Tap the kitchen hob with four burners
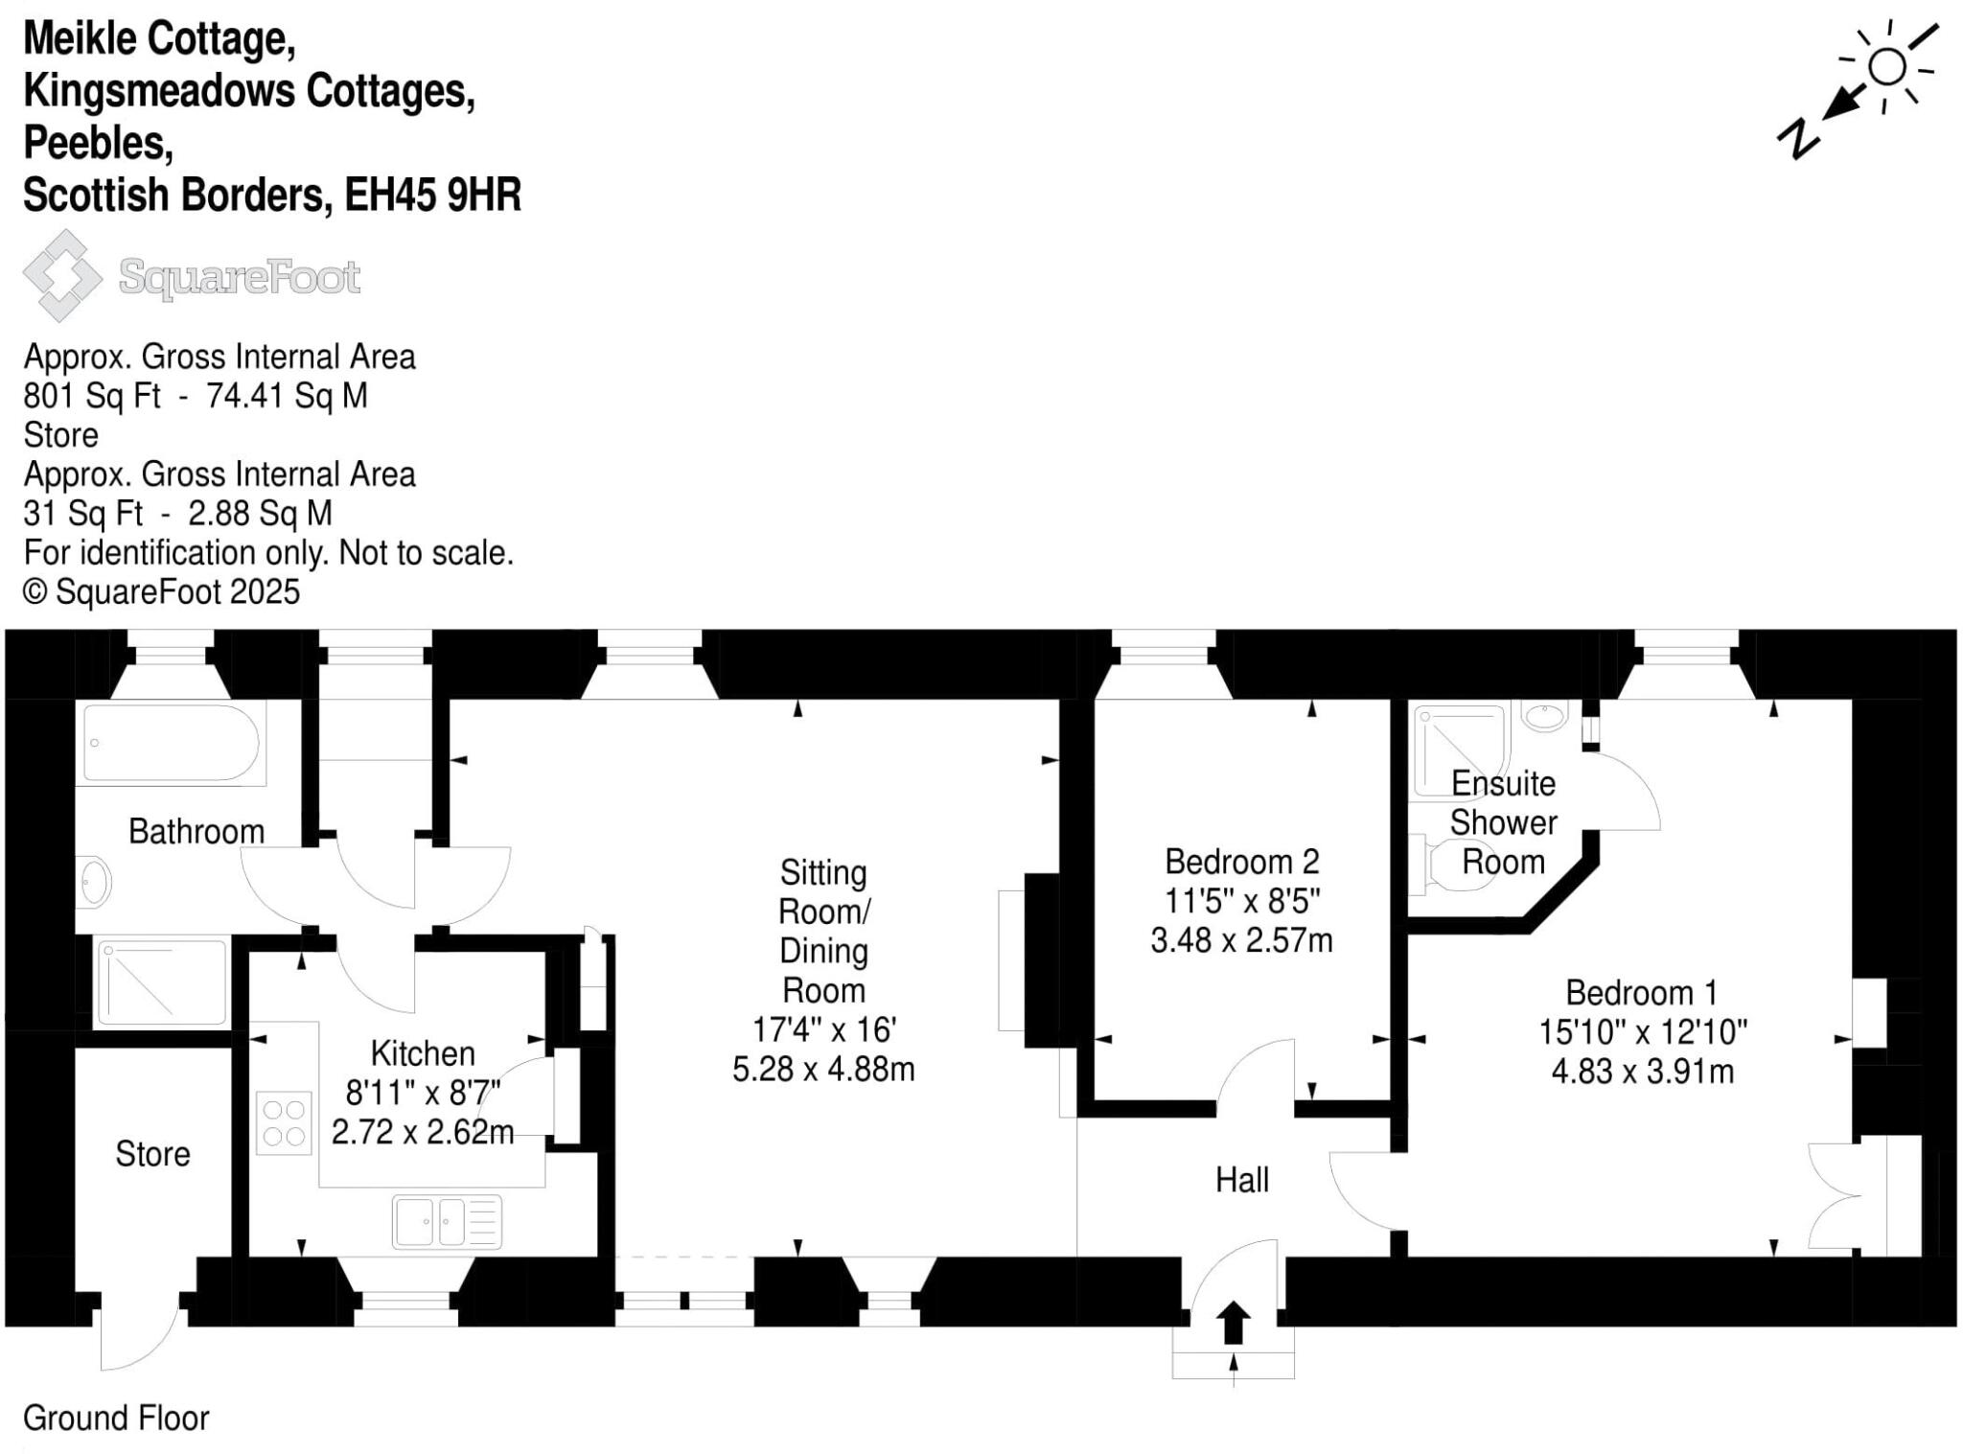pos(284,1122)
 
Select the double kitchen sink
pos(447,1222)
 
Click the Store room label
pos(152,1153)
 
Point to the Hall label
pos(1241,1179)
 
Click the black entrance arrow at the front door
pos(1233,1323)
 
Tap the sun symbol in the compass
pos(1886,67)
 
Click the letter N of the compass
pos(1799,139)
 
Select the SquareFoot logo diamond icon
pos(62,276)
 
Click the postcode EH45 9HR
pos(432,195)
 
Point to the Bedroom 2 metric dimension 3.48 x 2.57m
pos(1241,940)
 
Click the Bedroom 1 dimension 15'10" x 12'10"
pos(1642,1032)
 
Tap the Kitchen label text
pos(423,1053)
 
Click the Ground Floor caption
pos(116,1418)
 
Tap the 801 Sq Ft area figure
pos(92,396)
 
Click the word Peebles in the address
pos(98,143)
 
